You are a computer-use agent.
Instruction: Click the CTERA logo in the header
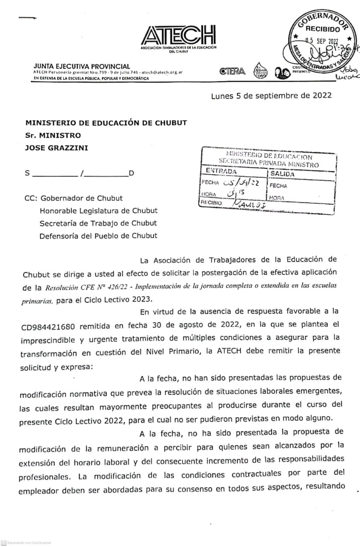233,71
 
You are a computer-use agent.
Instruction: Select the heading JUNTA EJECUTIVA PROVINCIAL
82,66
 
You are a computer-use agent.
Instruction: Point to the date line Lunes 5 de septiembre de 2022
271,96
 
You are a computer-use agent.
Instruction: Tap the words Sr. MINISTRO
53,135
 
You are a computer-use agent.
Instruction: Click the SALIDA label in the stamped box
282,174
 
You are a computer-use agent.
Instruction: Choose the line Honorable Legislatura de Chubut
98,211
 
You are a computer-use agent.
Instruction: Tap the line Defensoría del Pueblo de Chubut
98,235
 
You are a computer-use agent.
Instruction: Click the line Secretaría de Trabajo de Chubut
98,223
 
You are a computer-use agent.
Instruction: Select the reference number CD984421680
48,327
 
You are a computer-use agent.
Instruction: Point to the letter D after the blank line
131,174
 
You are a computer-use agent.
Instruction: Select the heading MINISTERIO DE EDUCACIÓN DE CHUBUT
106,123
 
